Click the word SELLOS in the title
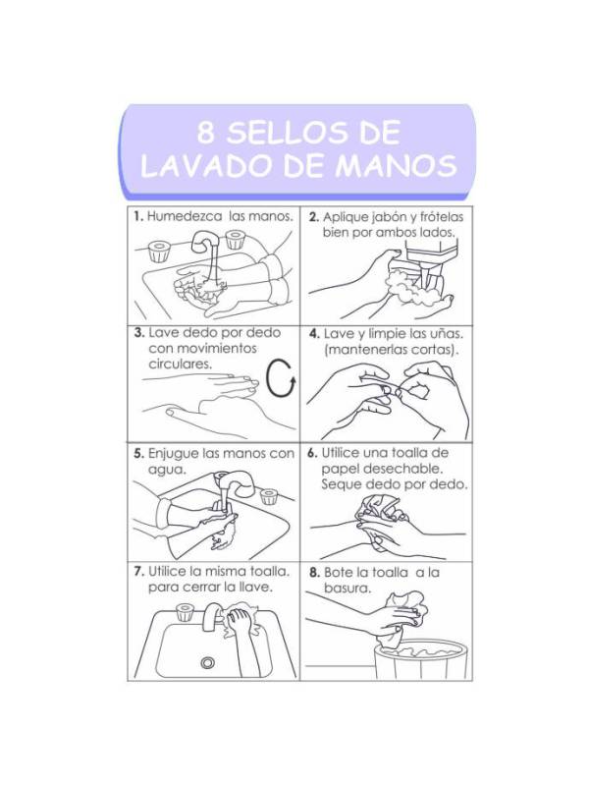(286, 133)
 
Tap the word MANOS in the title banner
(396, 165)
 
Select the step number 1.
(138, 216)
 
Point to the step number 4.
(314, 334)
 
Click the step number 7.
(139, 572)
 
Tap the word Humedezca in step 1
(185, 216)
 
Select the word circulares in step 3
(181, 364)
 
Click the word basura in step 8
(347, 588)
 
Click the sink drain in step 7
(207, 662)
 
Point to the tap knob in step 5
(268, 496)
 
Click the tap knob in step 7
(185, 612)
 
